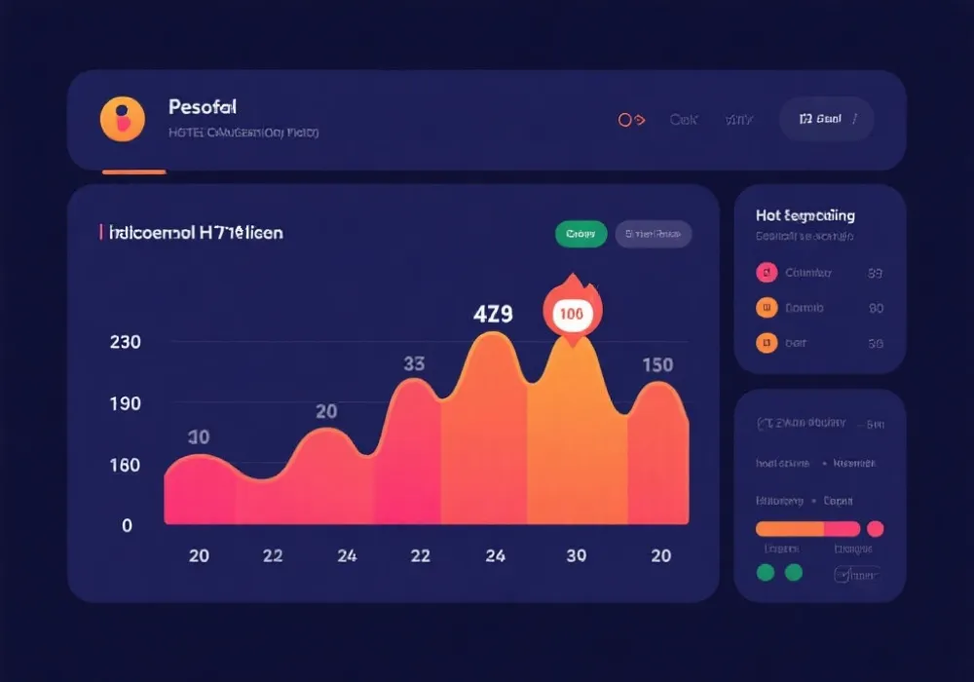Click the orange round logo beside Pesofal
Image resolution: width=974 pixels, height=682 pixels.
[123, 119]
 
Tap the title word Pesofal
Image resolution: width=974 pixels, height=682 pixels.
[202, 107]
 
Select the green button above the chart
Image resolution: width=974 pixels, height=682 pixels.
[581, 234]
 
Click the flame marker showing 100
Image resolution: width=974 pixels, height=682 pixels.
[573, 313]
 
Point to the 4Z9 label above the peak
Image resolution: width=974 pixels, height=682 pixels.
[493, 315]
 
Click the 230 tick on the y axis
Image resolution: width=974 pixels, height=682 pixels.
[126, 342]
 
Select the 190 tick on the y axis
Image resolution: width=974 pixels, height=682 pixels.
[126, 403]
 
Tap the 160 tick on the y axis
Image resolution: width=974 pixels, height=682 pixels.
[126, 465]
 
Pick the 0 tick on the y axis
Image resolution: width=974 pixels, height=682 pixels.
[127, 525]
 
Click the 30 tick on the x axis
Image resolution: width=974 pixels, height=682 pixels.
[577, 555]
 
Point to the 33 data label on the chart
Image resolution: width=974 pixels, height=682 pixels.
[414, 363]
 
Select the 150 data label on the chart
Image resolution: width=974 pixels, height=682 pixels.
[657, 365]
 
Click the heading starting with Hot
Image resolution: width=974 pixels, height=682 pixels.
[805, 215]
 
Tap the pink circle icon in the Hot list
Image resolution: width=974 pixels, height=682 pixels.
[767, 273]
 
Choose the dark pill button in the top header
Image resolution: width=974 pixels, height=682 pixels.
[826, 119]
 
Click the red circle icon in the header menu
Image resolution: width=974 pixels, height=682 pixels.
[626, 120]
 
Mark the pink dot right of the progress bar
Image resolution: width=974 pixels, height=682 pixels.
[875, 529]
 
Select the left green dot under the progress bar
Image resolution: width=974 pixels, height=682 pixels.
[766, 572]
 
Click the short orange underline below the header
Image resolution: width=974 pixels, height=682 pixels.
[134, 172]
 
